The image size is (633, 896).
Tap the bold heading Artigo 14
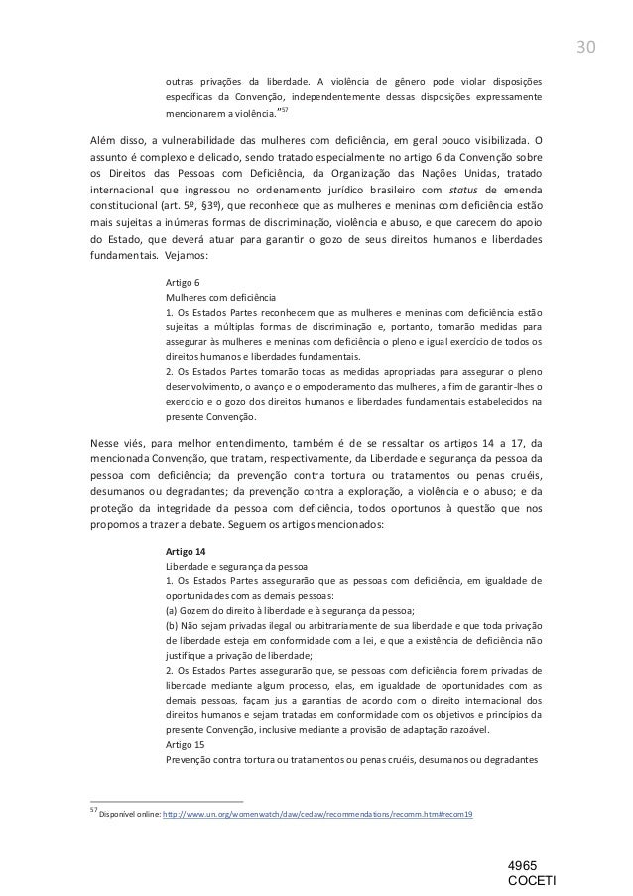[x=187, y=551]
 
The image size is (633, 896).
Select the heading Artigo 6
[x=183, y=283]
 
